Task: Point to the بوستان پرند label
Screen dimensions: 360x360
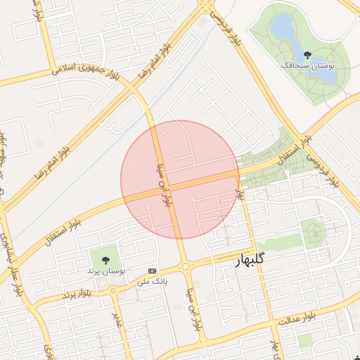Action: pos(105,270)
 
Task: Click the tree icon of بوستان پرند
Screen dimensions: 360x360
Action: pos(105,259)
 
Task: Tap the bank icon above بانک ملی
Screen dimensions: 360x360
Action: pos(153,271)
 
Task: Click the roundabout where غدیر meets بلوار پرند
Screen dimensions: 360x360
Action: pos(113,290)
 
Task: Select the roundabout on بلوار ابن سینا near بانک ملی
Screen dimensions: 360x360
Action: pos(186,266)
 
